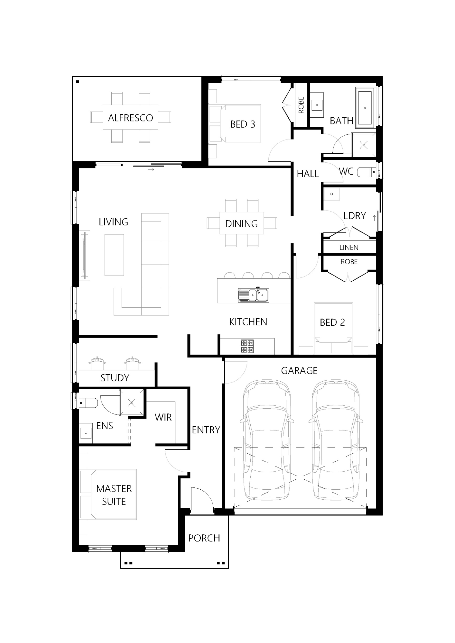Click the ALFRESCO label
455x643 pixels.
(130, 118)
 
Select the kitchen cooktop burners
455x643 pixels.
(247, 347)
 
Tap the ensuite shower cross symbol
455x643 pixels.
(132, 402)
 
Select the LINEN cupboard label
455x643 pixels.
(349, 248)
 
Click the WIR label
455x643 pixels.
(163, 417)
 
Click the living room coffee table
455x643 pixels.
(114, 255)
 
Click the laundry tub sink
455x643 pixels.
(331, 194)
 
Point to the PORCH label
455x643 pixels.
(204, 538)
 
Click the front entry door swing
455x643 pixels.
(202, 498)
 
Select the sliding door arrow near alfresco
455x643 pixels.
(151, 169)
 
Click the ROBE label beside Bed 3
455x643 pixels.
(301, 105)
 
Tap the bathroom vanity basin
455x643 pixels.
(318, 105)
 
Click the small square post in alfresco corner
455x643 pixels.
(78, 82)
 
